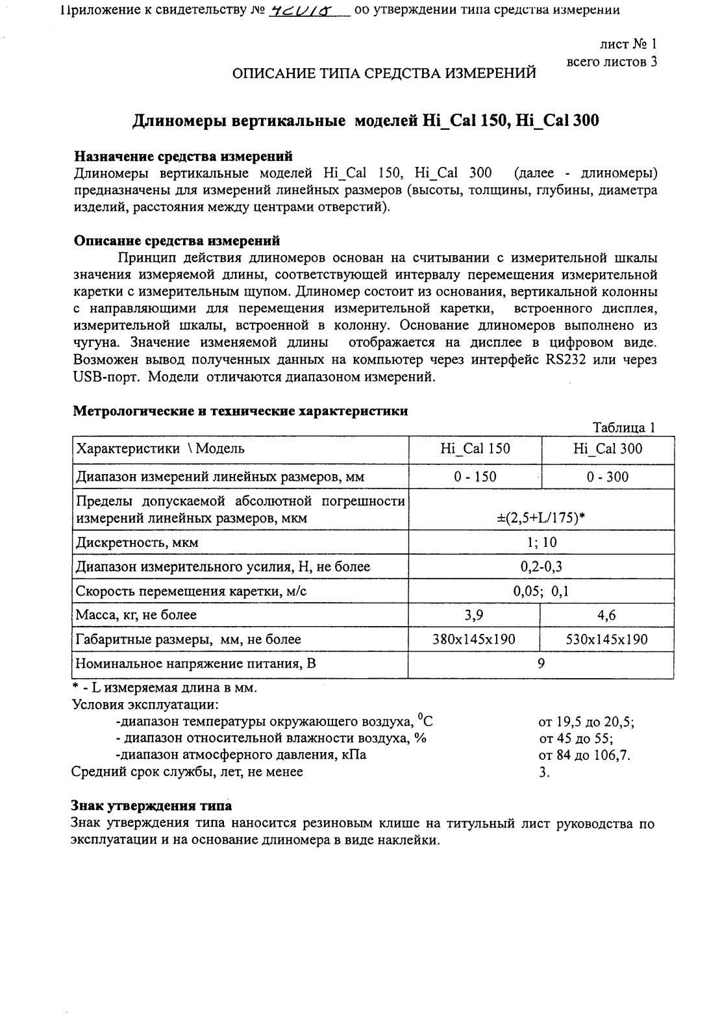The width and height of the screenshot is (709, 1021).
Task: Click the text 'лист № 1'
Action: pos(627,44)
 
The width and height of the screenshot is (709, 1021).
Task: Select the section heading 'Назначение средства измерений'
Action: pos(183,156)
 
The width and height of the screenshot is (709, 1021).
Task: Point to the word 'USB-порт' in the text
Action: pos(107,377)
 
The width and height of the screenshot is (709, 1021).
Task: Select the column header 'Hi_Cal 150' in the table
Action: pos(475,449)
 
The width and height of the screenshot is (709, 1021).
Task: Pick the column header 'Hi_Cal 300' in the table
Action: pos(608,449)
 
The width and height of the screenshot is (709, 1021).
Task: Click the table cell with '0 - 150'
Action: pos(475,477)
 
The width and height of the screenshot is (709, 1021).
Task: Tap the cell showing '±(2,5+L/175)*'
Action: pos(541,518)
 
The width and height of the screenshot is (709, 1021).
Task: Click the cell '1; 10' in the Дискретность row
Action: pos(541,542)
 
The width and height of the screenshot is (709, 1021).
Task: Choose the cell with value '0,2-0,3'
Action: pos(541,566)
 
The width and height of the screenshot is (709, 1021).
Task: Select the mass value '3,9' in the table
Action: pos(475,614)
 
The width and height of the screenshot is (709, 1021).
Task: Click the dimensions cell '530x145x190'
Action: pos(608,639)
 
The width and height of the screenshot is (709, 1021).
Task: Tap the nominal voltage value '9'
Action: pos(541,663)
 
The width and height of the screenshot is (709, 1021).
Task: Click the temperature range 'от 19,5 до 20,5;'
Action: pos(586,722)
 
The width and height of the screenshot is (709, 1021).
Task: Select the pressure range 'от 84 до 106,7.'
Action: pos(584,755)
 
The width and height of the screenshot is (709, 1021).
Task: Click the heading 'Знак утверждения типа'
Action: pos(151,806)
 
